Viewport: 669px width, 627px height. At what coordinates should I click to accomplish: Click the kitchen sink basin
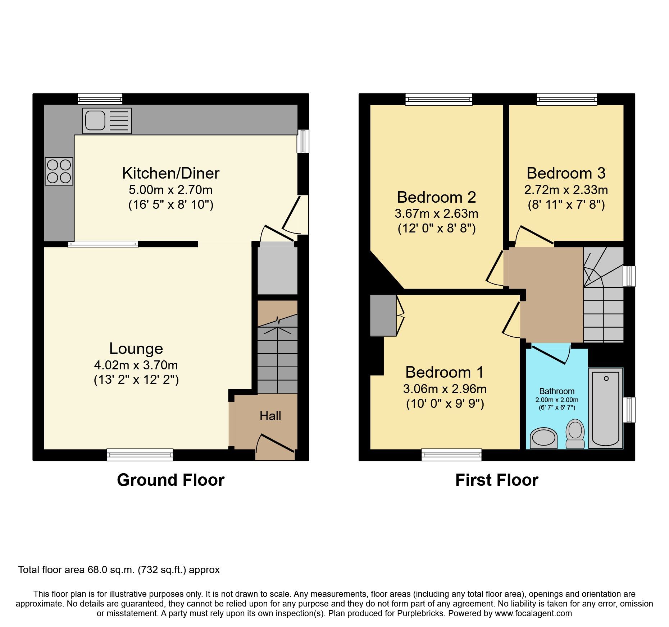[95, 120]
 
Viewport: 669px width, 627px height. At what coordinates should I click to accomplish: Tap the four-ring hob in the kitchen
[59, 171]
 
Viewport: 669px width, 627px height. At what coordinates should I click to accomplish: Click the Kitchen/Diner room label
[170, 174]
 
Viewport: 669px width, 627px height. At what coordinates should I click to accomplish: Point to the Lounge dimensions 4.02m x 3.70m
[136, 365]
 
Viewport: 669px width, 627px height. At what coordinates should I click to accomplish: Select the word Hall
[270, 416]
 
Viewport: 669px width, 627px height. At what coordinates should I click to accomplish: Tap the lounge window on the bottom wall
[140, 455]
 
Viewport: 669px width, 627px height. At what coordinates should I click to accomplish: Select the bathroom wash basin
[543, 438]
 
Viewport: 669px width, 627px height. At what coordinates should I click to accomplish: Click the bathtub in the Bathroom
[606, 408]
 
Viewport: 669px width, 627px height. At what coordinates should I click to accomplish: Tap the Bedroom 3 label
[566, 174]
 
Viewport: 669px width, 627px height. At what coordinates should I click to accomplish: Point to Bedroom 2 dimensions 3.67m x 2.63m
[436, 214]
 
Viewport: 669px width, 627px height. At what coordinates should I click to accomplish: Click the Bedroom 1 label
[445, 372]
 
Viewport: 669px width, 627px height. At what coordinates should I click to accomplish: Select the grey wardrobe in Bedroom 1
[383, 315]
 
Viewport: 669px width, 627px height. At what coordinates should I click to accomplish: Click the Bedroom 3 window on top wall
[566, 99]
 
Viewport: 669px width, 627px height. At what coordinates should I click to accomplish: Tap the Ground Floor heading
[170, 480]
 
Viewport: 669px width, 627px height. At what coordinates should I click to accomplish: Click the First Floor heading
[497, 480]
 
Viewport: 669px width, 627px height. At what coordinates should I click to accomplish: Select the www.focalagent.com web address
[533, 613]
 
